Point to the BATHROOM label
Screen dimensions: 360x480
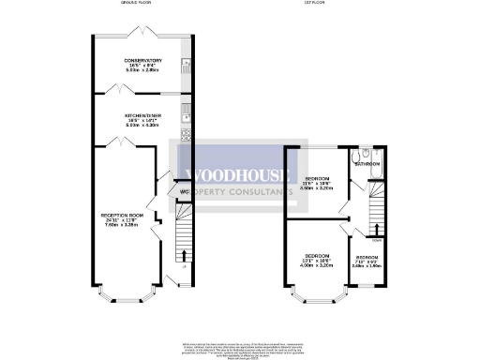[x=367, y=164]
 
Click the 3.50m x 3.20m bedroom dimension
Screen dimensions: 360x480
[x=320, y=187]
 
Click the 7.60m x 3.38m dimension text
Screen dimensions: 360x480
[x=120, y=226]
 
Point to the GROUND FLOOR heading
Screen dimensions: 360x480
[x=137, y=4]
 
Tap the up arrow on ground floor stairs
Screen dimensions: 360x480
[x=183, y=254]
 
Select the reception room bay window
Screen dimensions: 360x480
[x=119, y=299]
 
